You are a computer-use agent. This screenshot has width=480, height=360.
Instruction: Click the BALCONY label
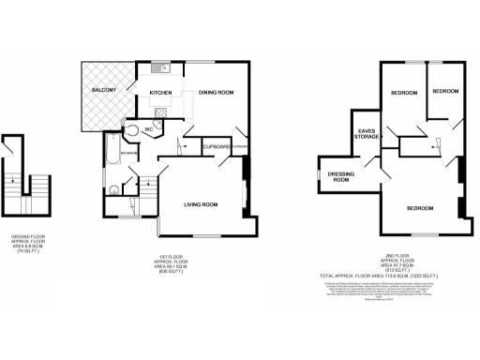(102, 89)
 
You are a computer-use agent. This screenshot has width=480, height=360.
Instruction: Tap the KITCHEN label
(161, 93)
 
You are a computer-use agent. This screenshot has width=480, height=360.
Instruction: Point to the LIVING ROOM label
(201, 203)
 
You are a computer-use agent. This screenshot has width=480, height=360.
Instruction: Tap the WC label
(147, 129)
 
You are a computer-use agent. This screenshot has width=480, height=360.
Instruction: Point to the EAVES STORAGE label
(367, 134)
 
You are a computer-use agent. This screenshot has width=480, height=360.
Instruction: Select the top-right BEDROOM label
(444, 91)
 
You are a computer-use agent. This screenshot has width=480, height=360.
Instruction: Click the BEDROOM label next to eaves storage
(404, 94)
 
